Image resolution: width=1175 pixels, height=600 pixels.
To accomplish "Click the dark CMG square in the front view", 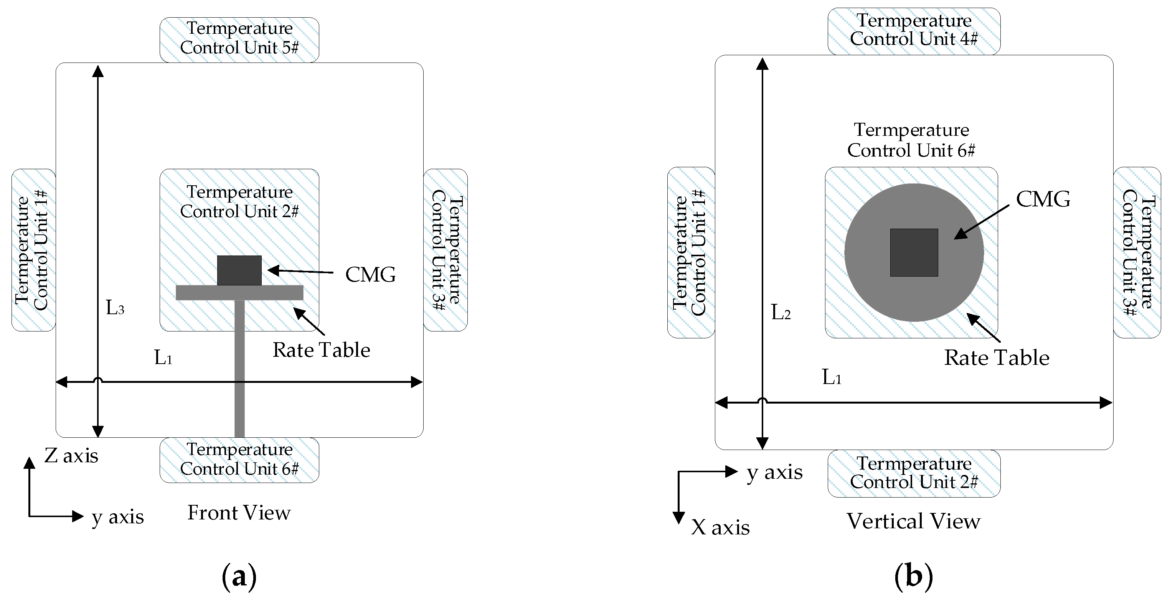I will pyautogui.click(x=239, y=270).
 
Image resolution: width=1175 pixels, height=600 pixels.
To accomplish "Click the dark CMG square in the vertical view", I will pyautogui.click(x=914, y=252).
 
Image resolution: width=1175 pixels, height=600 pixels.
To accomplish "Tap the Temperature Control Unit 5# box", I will pyautogui.click(x=239, y=40).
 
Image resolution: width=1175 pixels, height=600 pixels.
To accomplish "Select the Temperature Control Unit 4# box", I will pyautogui.click(x=914, y=31).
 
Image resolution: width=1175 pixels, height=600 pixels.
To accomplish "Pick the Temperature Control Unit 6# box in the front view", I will pyautogui.click(x=239, y=460).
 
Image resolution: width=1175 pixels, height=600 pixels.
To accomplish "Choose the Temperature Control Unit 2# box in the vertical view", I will pyautogui.click(x=914, y=473).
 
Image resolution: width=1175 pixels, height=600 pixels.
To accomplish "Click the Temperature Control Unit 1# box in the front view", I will pyautogui.click(x=33, y=250).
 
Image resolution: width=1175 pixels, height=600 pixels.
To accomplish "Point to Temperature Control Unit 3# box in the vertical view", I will pyautogui.click(x=1137, y=252).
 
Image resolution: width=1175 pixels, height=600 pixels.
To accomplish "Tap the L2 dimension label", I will pyautogui.click(x=781, y=313).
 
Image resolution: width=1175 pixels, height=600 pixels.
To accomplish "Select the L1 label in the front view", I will pyautogui.click(x=163, y=358).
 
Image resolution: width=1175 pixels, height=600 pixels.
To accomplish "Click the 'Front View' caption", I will pyautogui.click(x=239, y=513).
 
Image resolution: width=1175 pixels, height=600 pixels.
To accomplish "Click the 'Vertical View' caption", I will pyautogui.click(x=913, y=521).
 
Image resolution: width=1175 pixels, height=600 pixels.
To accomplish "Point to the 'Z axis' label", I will pyautogui.click(x=71, y=455).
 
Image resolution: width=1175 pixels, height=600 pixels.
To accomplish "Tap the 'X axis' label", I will pyautogui.click(x=720, y=527).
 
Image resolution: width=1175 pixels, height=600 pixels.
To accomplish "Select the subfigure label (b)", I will pyautogui.click(x=913, y=576).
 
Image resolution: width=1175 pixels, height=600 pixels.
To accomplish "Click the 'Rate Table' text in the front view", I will pyautogui.click(x=321, y=350).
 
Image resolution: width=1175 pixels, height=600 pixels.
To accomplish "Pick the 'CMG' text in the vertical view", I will pyautogui.click(x=1043, y=199).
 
